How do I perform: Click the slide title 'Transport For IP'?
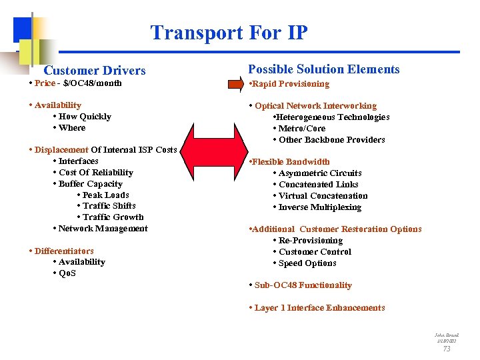(229, 33)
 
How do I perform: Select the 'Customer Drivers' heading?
(94, 70)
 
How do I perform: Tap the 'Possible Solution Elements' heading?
(324, 69)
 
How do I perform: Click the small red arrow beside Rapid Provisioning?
(237, 84)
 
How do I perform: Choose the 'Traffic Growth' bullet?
(112, 217)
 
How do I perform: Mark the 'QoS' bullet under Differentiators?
(67, 273)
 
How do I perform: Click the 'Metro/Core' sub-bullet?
(301, 129)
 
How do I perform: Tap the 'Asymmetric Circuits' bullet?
(319, 173)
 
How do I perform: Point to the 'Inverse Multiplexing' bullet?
(319, 207)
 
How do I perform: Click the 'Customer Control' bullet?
(314, 252)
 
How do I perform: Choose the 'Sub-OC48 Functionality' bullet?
(303, 285)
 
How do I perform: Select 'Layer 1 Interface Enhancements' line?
(319, 308)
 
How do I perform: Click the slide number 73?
(447, 349)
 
